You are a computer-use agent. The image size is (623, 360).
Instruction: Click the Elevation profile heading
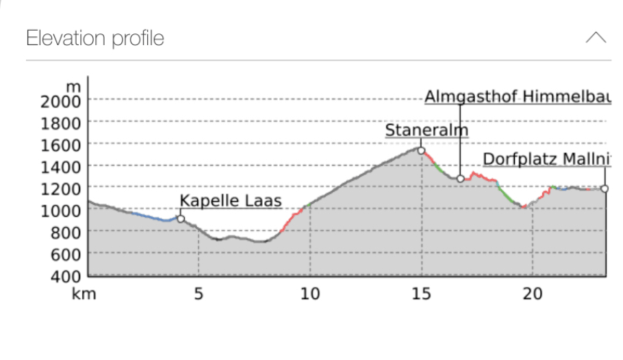(95, 38)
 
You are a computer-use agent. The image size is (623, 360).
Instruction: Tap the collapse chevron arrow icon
(596, 38)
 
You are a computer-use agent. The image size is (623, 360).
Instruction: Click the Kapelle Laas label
(231, 201)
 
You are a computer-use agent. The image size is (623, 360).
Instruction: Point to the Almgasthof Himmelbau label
(517, 97)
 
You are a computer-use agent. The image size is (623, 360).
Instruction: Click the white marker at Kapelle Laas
(181, 219)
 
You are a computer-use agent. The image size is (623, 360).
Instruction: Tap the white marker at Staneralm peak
(421, 151)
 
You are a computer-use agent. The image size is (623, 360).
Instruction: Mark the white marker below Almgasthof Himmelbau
(461, 179)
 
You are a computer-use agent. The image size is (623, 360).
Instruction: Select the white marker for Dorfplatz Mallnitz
(605, 188)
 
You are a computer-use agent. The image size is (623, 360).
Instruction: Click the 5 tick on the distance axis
(199, 294)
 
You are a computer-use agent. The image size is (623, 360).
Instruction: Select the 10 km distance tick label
(310, 294)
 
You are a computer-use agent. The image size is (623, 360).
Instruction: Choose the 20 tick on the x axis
(533, 294)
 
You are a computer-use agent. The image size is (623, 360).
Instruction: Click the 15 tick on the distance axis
(421, 294)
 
